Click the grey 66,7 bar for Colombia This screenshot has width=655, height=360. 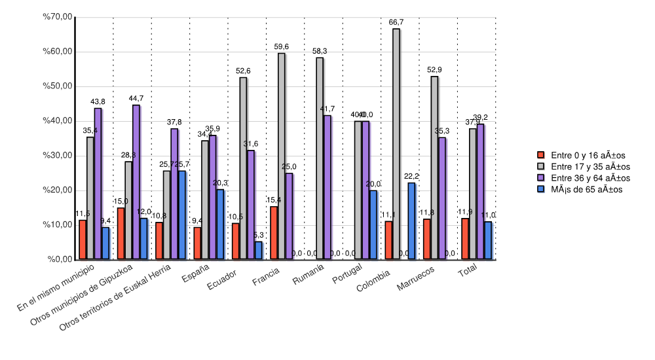pos(396,144)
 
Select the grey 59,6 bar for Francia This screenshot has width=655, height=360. pos(281,156)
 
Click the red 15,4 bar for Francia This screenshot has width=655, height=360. pos(274,233)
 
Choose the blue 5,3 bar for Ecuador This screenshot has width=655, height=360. pos(258,251)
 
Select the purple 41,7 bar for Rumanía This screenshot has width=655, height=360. pos(327,187)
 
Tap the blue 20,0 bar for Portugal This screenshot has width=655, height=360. pos(373,225)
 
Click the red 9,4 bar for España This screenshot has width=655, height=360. pos(197,243)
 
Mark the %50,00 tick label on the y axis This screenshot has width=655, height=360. pos(57,86)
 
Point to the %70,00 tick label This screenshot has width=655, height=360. pos(57,17)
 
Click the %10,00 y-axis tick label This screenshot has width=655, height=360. pos(57,225)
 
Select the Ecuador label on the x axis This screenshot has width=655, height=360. pos(222,278)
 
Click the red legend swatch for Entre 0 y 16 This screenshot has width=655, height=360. pos(541,154)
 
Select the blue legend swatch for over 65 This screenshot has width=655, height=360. pos(541,189)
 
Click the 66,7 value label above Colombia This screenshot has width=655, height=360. pos(396,22)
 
